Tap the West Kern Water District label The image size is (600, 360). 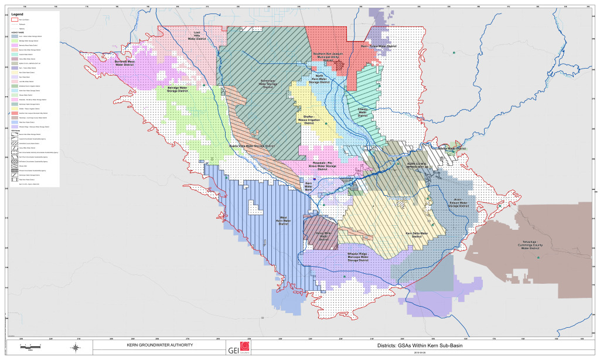click(283, 222)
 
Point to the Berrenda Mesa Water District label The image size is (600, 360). click(125, 63)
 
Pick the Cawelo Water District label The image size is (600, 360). click(362, 112)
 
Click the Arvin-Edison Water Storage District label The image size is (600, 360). click(459, 203)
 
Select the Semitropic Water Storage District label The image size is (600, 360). click(268, 84)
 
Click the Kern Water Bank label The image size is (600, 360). click(308, 186)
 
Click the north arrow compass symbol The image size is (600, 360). click(76, 348)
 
